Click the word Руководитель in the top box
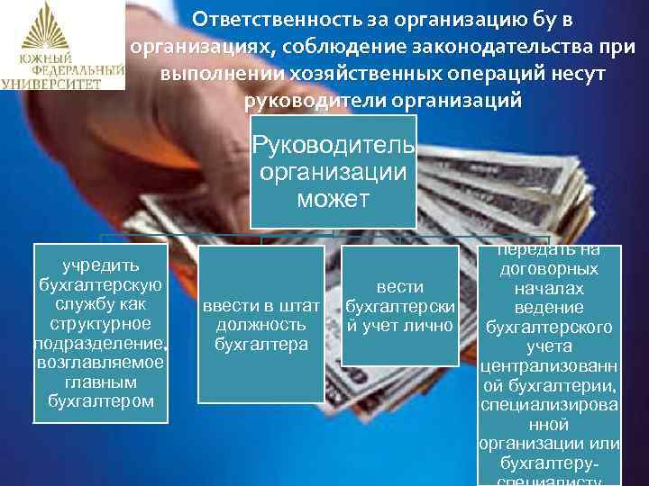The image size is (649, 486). pyautogui.click(x=334, y=145)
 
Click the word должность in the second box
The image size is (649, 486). pyautogui.click(x=261, y=325)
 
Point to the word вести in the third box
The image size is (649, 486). pyautogui.click(x=400, y=286)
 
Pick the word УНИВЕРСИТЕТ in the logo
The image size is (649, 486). pyautogui.click(x=62, y=83)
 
